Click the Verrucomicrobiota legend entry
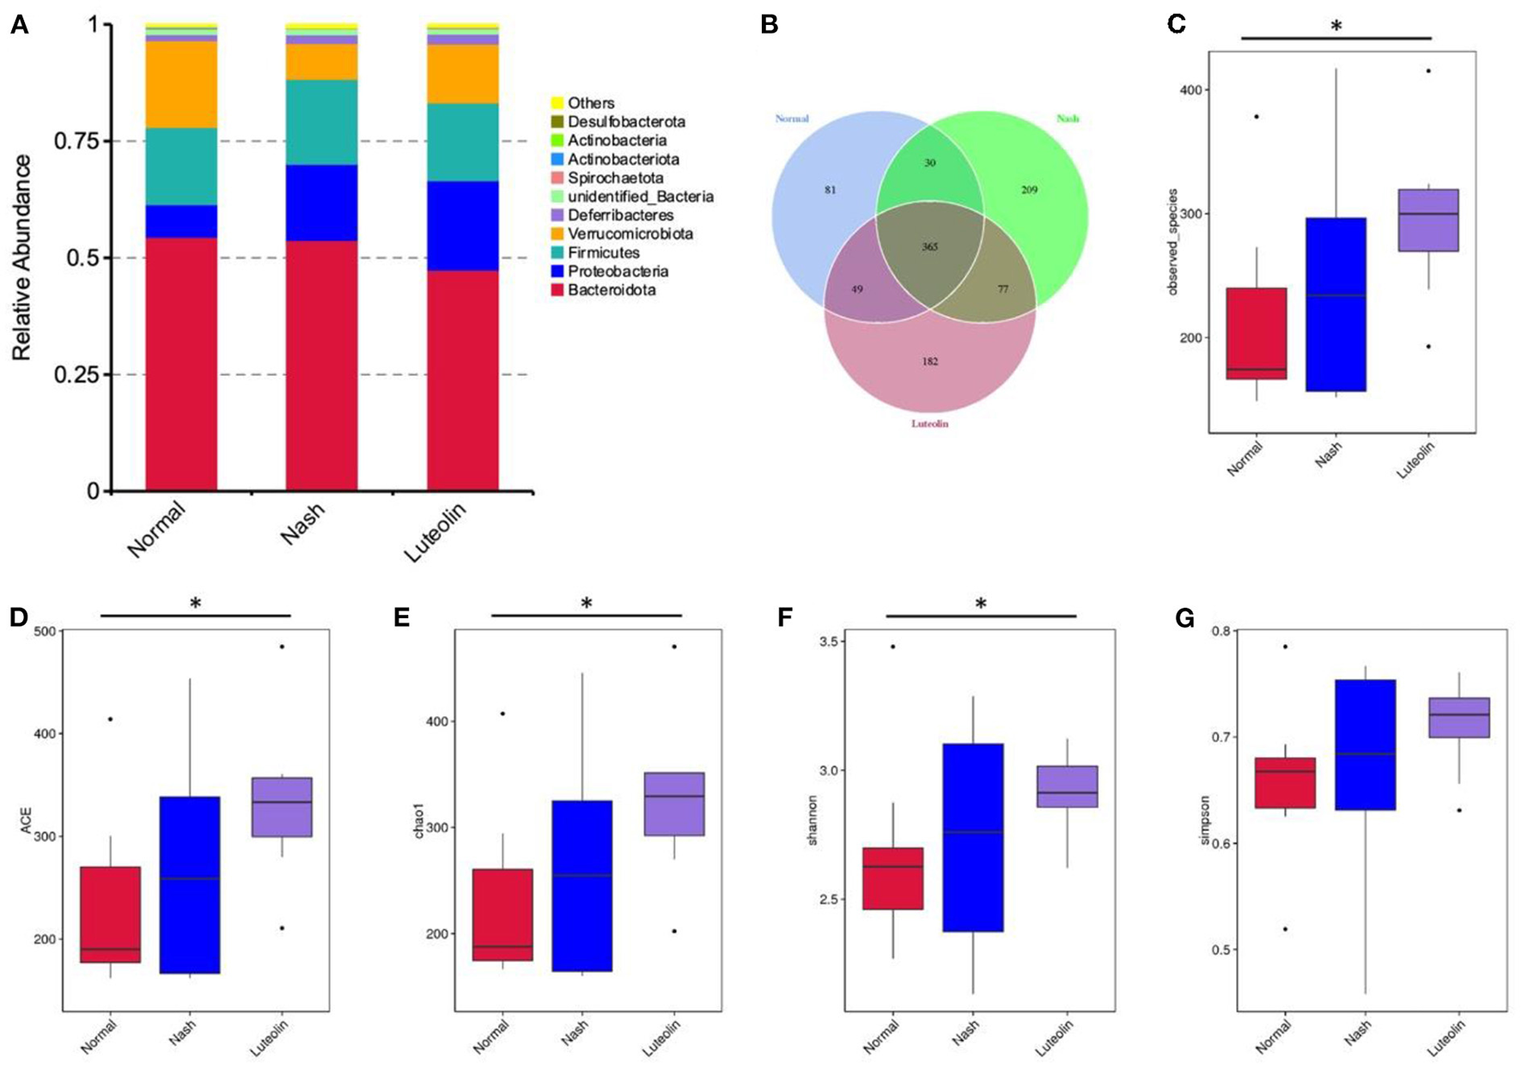630,234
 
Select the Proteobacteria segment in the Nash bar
321,203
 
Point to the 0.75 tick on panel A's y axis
82,141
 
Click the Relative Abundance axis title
22,258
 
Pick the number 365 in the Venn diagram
929,246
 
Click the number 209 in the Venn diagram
1029,189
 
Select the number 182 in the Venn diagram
929,361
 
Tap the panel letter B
769,25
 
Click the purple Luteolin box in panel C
1428,220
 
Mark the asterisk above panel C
1336,27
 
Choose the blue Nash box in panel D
190,884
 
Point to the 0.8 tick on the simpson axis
1219,631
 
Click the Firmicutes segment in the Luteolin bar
463,143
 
